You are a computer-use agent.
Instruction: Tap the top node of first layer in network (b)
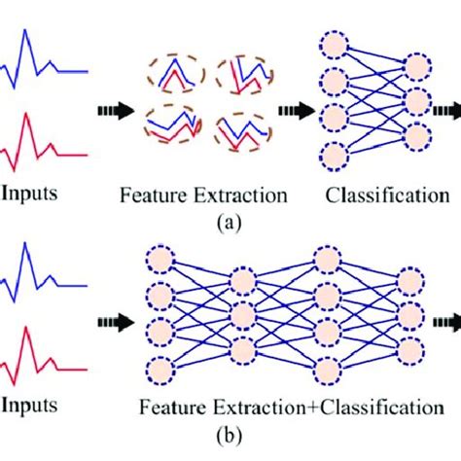tap(160, 262)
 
